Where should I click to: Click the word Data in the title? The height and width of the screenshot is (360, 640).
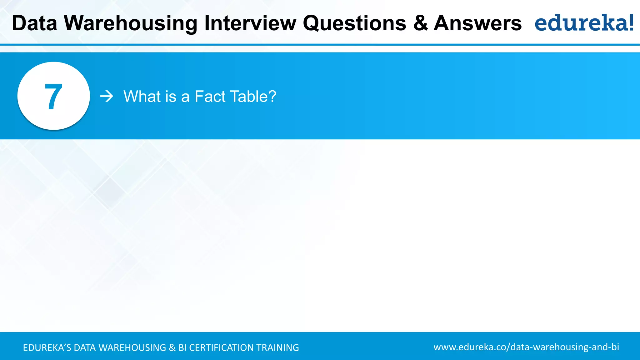34,23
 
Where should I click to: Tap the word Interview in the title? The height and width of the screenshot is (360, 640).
250,23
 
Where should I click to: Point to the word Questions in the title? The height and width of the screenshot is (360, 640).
354,24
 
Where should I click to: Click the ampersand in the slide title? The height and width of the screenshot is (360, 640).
420,23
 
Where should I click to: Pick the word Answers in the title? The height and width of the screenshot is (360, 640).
477,23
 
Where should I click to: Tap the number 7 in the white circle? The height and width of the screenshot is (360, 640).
53,97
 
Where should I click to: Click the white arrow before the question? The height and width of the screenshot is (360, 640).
107,96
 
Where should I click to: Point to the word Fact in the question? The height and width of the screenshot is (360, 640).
210,96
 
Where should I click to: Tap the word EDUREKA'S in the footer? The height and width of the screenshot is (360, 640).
47,347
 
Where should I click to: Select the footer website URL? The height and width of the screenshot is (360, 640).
526,347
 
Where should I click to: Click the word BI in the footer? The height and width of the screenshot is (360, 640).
182,347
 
